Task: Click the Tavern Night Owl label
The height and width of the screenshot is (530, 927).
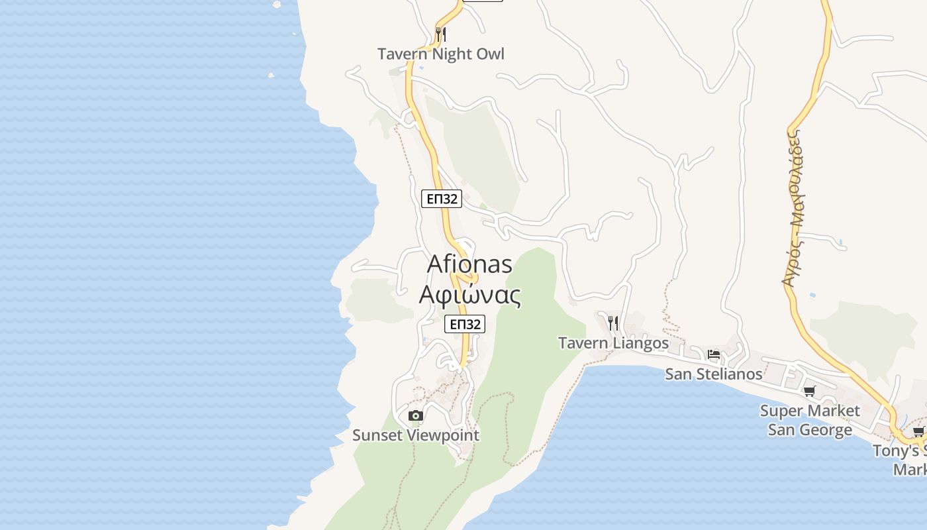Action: (441, 54)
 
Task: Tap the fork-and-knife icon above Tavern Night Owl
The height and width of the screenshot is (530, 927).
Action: (441, 33)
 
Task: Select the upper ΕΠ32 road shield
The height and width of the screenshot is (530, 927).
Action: (442, 198)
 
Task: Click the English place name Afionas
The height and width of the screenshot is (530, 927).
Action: (469, 264)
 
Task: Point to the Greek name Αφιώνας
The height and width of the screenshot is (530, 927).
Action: (469, 295)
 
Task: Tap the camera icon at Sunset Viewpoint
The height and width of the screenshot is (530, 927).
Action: (416, 416)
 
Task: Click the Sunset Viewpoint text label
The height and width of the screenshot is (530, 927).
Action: (416, 435)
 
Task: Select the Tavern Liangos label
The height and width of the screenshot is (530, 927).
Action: (613, 343)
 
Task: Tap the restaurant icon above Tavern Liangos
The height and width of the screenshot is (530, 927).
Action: (613, 323)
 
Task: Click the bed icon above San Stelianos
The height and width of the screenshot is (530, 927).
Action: (713, 354)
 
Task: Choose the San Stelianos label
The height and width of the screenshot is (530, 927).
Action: (713, 374)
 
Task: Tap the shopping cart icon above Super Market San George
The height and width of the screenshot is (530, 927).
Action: (809, 391)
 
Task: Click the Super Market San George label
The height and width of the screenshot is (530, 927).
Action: (810, 420)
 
